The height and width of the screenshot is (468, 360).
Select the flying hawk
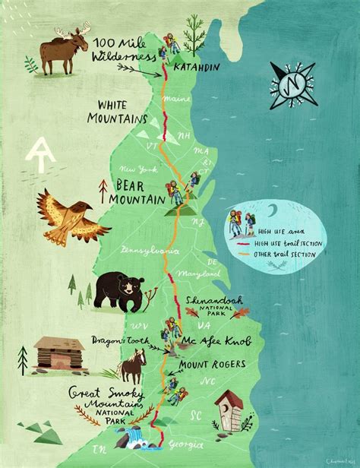[65, 216]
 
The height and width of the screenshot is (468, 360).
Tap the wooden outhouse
[229, 413]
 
